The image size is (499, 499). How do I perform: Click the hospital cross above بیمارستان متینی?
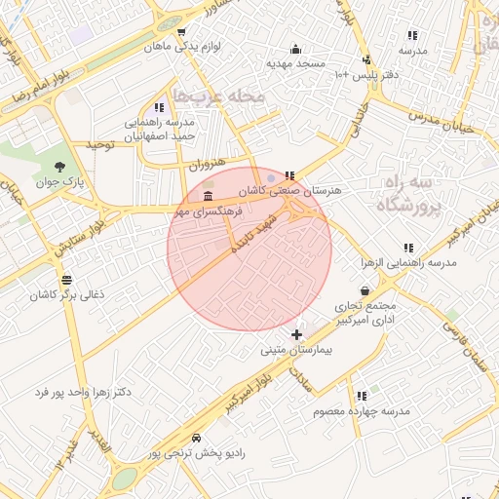click(x=296, y=334)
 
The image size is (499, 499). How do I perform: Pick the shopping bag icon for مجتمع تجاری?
click(x=365, y=289)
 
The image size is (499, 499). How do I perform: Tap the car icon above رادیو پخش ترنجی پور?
click(x=198, y=439)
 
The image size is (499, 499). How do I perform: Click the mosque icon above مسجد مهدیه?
click(x=295, y=50)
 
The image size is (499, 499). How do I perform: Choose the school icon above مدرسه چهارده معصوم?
click(x=362, y=397)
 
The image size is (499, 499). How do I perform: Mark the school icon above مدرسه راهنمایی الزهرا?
click(x=408, y=249)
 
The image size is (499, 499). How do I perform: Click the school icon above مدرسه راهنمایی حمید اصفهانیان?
click(x=159, y=108)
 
